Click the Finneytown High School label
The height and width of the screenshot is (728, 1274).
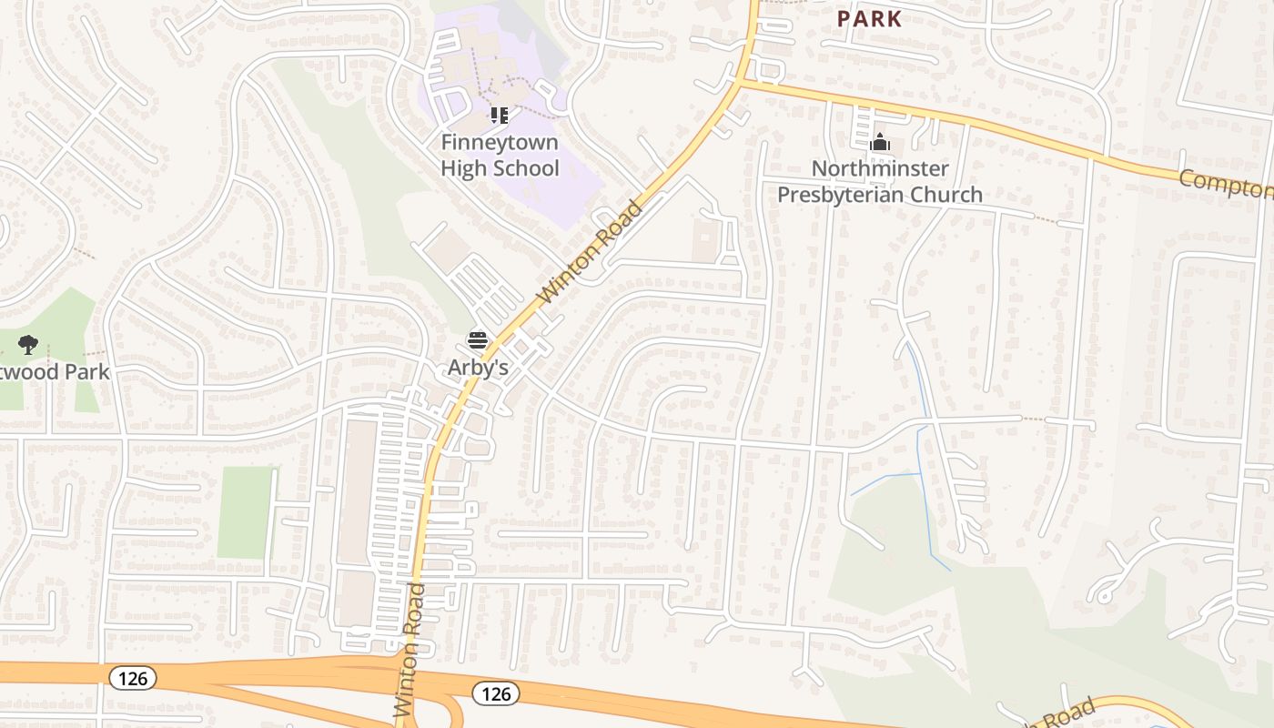click(x=500, y=156)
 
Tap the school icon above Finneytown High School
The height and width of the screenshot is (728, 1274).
click(x=499, y=116)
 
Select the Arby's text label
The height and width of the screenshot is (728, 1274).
click(x=477, y=368)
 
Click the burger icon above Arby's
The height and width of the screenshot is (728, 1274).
click(x=478, y=340)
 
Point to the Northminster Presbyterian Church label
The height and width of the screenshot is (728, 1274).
click(x=879, y=181)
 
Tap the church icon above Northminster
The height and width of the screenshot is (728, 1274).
click(x=879, y=143)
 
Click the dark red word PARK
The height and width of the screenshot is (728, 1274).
click(x=869, y=18)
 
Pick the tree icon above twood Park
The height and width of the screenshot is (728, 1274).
click(x=28, y=345)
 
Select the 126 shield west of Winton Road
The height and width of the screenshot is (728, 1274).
click(x=133, y=678)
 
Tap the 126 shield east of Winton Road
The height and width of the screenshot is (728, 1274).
click(x=496, y=694)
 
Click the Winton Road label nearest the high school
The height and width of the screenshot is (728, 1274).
click(x=591, y=252)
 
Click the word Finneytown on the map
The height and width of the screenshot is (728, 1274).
click(x=500, y=142)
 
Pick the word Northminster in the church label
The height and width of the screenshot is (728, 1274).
click(x=879, y=168)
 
